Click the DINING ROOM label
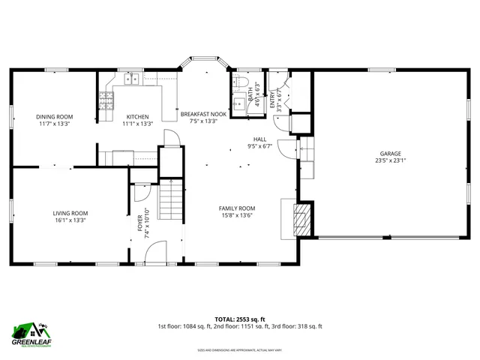tap(55, 116)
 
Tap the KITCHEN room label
tap(137, 116)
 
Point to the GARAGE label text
tap(390, 153)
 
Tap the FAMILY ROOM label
tap(237, 208)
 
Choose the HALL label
tap(260, 139)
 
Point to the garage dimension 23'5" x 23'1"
tap(390, 160)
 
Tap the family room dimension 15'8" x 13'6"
tap(237, 215)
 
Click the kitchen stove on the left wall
tap(105, 100)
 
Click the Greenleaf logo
tap(30, 334)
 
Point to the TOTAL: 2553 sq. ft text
tap(240, 318)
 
